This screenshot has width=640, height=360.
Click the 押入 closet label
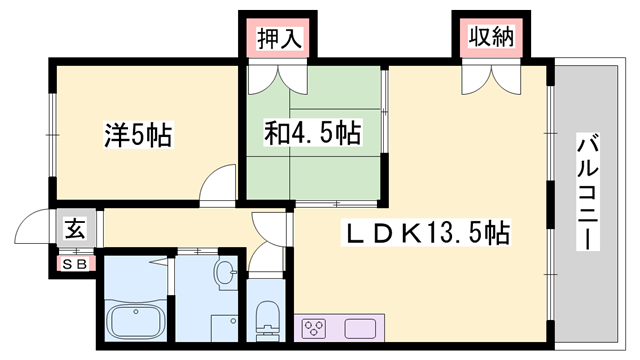point(277,40)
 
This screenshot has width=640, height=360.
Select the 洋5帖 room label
point(137,134)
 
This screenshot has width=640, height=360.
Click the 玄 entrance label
point(76,228)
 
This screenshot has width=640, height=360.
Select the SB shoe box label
point(75,264)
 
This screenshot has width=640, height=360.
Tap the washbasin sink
point(226,269)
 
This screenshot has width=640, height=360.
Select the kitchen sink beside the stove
point(361,329)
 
